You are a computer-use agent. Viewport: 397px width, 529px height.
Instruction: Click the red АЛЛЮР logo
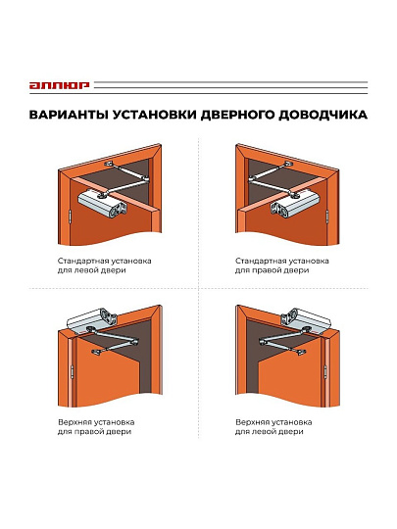[x=59, y=85]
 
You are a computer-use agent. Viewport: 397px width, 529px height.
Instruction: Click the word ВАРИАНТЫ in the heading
[x=69, y=115]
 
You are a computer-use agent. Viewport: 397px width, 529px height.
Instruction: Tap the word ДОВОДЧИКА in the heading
[x=323, y=115]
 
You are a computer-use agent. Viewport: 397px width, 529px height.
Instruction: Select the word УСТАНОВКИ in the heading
[x=154, y=115]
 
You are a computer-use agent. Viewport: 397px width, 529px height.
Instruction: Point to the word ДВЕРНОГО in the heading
[x=237, y=115]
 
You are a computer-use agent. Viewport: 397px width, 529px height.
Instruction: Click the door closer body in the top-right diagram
[x=295, y=203]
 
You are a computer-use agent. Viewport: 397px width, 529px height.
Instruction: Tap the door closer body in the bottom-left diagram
[x=92, y=319]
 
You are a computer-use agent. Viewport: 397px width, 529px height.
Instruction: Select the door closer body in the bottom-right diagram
[x=306, y=319]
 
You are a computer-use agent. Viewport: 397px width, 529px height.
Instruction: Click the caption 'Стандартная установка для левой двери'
[x=104, y=265]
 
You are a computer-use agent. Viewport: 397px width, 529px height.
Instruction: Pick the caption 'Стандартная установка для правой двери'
[x=282, y=265]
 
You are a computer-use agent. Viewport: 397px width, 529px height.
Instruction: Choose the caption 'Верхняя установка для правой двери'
[x=96, y=427]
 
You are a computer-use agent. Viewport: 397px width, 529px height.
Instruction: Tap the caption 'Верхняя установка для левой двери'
[x=273, y=427]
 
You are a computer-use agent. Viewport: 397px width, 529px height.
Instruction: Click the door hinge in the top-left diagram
[x=70, y=216]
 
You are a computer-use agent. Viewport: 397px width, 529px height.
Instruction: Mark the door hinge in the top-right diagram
[x=327, y=216]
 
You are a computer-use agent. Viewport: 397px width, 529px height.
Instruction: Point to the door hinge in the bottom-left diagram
[x=72, y=371]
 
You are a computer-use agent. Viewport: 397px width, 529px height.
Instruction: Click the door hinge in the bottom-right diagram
[x=325, y=371]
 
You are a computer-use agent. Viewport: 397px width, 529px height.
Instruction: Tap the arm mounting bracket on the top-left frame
[x=109, y=164]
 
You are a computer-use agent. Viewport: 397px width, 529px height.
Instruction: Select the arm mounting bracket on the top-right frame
[x=288, y=164]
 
